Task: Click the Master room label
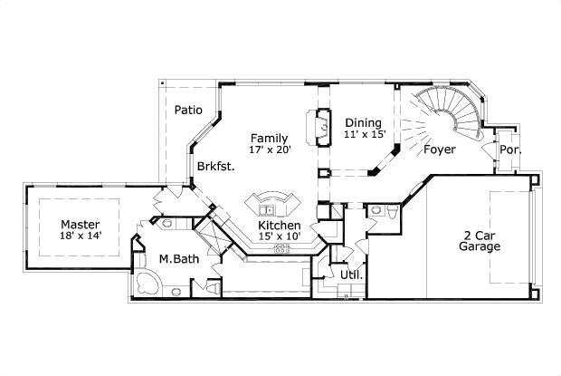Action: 80,224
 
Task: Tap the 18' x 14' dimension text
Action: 80,236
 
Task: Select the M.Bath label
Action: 178,260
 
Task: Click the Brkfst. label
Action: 216,166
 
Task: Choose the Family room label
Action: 270,138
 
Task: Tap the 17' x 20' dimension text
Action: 270,150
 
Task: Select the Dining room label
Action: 363,122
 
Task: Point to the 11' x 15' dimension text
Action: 365,134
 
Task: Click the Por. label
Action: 509,149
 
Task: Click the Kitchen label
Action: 280,225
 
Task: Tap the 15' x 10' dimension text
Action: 280,236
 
